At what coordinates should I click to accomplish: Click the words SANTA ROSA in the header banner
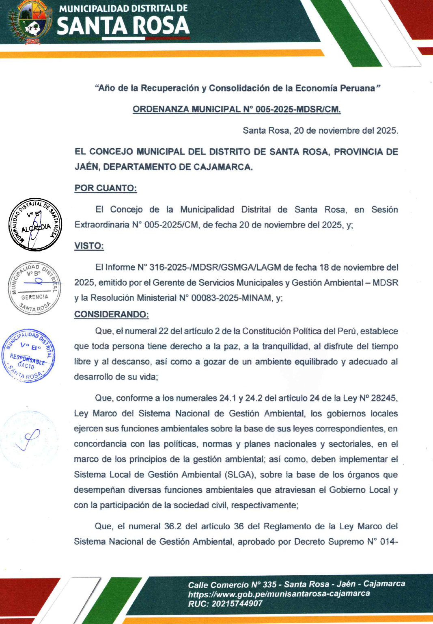[x=123, y=26]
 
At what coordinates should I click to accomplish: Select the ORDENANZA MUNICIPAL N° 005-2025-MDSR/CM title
[x=237, y=109]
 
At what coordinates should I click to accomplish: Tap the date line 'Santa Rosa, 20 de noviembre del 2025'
[x=320, y=130]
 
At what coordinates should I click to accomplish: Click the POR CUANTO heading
[x=106, y=188]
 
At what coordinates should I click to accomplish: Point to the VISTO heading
[x=89, y=246]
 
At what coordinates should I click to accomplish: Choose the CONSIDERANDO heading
[x=111, y=314]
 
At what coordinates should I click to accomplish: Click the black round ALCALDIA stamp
[x=35, y=225]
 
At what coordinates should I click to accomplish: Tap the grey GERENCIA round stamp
[x=34, y=288]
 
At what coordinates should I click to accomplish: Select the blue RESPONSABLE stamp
[x=28, y=355]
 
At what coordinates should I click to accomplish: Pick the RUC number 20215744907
[x=237, y=603]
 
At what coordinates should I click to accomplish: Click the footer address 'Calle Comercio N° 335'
[x=232, y=585]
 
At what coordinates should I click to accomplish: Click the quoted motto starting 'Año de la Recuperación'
[x=237, y=88]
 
